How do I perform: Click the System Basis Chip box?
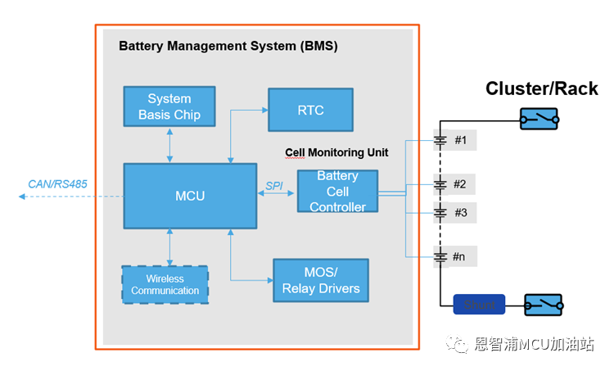(x=169, y=106)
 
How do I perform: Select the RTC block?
(x=310, y=109)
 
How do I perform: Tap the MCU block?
(x=190, y=196)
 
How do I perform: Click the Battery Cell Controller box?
(x=337, y=191)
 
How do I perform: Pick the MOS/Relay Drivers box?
(x=321, y=280)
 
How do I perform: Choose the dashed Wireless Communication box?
(x=165, y=285)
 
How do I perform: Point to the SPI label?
(x=274, y=187)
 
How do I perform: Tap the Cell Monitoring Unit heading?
(x=336, y=152)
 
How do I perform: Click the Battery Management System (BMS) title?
(x=228, y=46)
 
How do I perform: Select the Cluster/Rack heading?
(x=542, y=88)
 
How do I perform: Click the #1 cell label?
(x=460, y=140)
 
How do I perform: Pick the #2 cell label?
(x=460, y=183)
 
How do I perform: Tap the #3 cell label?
(x=460, y=213)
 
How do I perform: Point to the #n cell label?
(x=460, y=256)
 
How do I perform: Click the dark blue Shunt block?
(x=479, y=305)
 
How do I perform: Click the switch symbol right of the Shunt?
(x=544, y=305)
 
